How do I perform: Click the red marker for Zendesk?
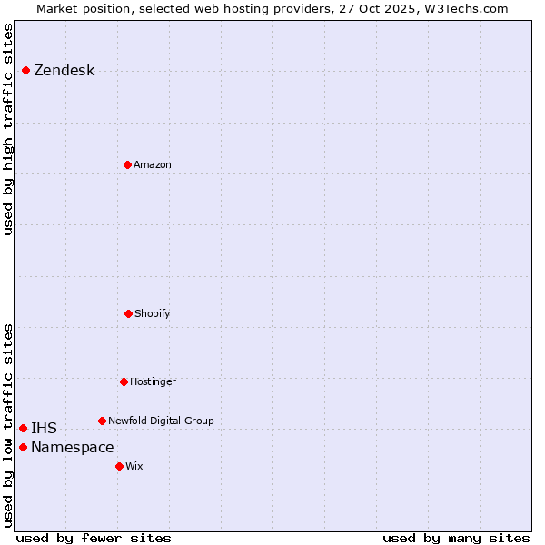click(x=25, y=70)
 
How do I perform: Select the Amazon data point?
click(x=127, y=164)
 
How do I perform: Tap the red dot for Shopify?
click(x=128, y=313)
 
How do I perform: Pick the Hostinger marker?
click(x=124, y=381)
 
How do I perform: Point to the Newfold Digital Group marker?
click(x=102, y=421)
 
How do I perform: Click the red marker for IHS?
click(x=23, y=428)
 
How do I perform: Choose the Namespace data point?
click(x=23, y=447)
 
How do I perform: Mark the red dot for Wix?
click(x=119, y=466)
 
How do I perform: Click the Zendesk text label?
click(x=64, y=71)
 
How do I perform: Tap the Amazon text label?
click(x=152, y=165)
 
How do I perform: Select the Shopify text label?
click(x=152, y=314)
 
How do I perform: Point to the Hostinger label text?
click(x=153, y=382)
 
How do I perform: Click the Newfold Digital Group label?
click(x=161, y=421)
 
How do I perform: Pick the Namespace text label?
click(x=72, y=448)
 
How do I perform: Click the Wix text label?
click(x=134, y=467)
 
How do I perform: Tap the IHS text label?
click(x=44, y=429)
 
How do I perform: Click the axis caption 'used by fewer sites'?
click(x=94, y=538)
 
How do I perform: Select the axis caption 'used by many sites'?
click(x=456, y=538)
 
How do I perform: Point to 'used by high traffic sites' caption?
click(x=9, y=129)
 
